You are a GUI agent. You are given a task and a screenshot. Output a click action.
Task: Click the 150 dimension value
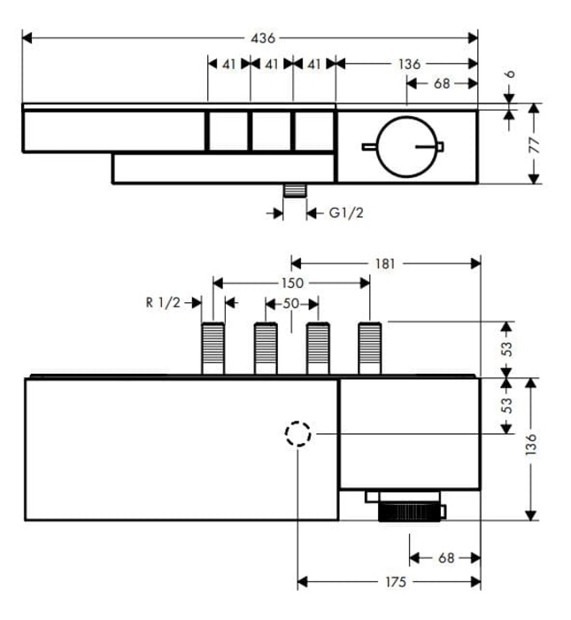[293, 283]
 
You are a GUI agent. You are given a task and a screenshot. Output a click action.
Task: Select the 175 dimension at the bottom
[396, 582]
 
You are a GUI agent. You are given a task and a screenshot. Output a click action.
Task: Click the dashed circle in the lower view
[298, 434]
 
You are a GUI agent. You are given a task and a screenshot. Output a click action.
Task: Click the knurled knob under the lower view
[410, 512]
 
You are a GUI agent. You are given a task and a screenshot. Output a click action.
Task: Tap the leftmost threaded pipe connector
[213, 350]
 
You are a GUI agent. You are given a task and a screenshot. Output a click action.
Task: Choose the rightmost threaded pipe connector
[369, 350]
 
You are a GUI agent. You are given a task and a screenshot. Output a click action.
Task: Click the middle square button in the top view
[271, 131]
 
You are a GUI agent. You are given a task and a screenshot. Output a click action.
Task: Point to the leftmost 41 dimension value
[228, 64]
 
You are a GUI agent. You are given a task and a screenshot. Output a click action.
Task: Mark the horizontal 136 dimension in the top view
[409, 64]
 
